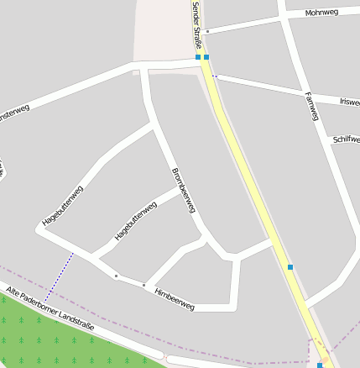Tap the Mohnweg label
click(x=321, y=13)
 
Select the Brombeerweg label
click(x=183, y=189)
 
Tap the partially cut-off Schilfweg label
click(x=346, y=139)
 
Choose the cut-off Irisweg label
click(x=349, y=102)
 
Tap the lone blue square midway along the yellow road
click(x=290, y=267)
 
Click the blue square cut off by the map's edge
click(x=320, y=365)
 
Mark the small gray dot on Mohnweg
click(x=207, y=31)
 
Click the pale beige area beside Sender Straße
click(x=159, y=29)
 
